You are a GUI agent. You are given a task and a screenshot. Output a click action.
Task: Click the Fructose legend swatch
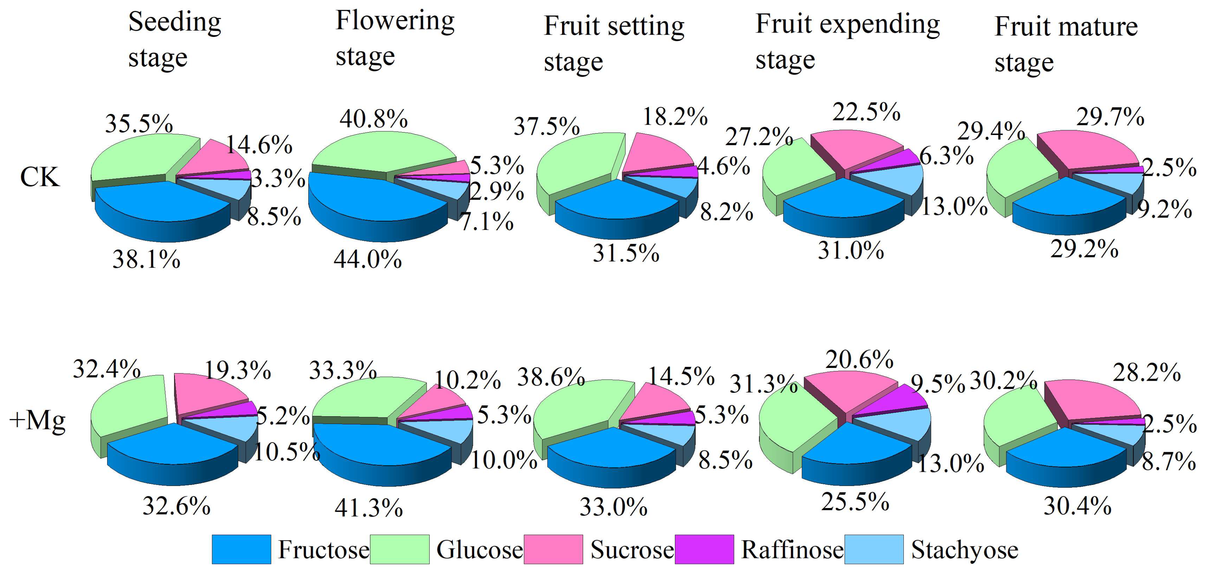coord(241,549)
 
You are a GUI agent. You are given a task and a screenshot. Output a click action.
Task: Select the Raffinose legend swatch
coord(704,549)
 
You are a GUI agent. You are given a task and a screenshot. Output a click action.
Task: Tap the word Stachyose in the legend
coord(965,549)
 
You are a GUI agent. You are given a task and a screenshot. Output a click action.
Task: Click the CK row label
coord(40,177)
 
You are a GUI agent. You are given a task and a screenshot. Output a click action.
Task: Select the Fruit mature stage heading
coord(1066,45)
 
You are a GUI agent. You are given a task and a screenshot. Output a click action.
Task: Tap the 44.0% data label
coord(368,259)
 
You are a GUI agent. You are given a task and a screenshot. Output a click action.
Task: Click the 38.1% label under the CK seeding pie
coord(146,259)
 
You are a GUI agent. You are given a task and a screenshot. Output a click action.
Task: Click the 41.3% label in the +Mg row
coord(368,507)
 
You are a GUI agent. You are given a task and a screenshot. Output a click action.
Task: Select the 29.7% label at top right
coord(1110,117)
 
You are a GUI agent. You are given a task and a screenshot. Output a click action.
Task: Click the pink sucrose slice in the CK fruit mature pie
coord(1089,150)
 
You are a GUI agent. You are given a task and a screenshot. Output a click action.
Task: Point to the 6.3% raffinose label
coord(946,156)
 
